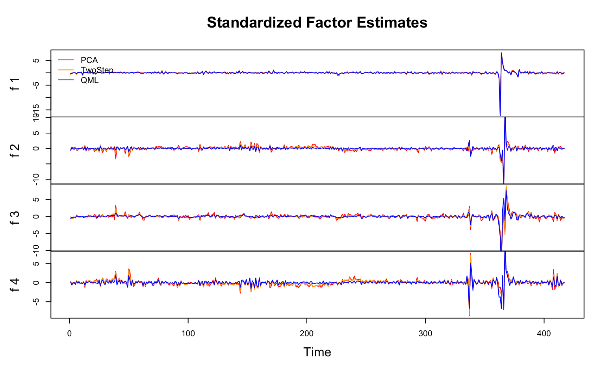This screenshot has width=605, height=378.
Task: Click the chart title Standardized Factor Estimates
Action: tap(317, 23)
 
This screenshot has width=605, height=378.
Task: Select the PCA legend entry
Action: tap(89, 60)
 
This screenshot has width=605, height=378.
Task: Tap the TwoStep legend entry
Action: tap(97, 70)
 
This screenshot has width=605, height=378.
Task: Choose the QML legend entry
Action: tap(89, 81)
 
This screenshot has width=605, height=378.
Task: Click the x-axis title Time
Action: tap(317, 352)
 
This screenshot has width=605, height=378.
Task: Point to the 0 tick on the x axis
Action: tap(69, 333)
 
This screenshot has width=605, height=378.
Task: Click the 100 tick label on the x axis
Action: tap(188, 333)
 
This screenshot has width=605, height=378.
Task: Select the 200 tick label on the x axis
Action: tap(307, 333)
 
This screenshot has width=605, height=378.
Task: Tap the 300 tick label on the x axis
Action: tap(425, 333)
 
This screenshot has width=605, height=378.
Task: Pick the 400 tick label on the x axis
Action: tap(544, 333)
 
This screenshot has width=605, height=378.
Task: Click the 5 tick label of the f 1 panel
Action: tap(36, 61)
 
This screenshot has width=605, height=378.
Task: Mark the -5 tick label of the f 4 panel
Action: tap(36, 302)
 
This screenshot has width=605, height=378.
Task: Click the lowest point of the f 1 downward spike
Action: tap(500, 115)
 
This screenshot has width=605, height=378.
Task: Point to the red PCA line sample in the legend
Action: tap(66, 60)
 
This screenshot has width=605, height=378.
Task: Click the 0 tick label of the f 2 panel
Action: tap(36, 148)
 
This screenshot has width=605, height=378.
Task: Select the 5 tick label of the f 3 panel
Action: tap(36, 200)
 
